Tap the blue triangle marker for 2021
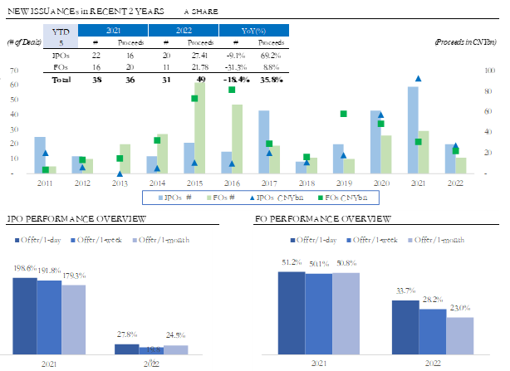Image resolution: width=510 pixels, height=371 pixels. [x=418, y=79]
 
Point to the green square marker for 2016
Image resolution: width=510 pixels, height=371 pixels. [x=232, y=90]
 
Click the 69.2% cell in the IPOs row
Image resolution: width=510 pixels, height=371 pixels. [x=273, y=54]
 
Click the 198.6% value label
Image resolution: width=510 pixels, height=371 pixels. [x=24, y=271]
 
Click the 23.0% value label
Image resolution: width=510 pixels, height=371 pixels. [x=460, y=310]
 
